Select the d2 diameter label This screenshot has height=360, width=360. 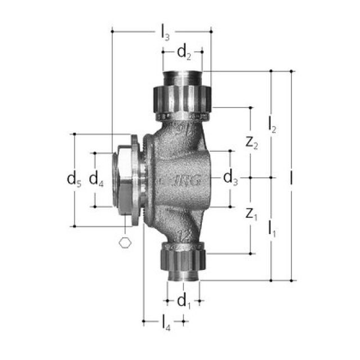coord(184,53)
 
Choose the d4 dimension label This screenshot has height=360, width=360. coord(97,180)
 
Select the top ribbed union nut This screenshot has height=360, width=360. coord(183,97)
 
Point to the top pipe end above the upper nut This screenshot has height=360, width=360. coord(183,76)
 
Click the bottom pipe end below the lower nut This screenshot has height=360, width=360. coord(183,275)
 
